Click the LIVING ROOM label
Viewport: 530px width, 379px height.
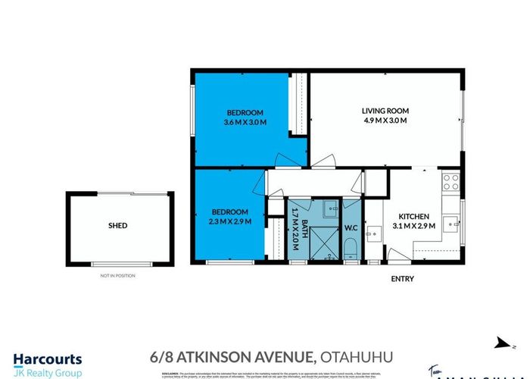[384, 111]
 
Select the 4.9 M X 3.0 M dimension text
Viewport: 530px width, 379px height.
[384, 121]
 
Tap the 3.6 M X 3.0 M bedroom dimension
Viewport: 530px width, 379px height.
[245, 121]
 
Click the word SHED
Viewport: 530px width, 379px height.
[117, 225]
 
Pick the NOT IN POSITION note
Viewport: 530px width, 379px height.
[117, 275]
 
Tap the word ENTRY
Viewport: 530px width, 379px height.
[402, 279]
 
